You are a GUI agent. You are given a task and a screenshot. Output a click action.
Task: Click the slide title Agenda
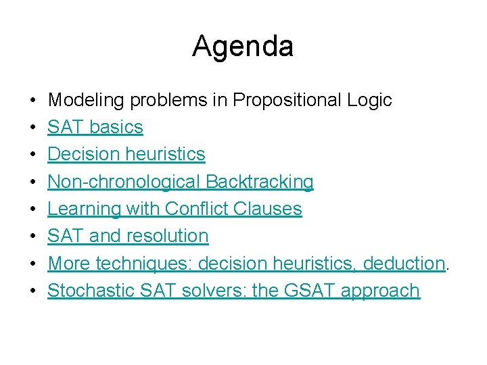243,47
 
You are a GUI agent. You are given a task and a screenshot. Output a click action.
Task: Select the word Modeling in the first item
87,100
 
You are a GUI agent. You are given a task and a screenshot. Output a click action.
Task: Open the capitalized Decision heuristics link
126,154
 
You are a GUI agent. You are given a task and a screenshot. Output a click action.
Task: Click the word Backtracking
260,182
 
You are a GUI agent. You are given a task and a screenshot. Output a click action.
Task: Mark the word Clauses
267,209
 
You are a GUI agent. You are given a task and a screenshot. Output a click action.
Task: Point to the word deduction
404,264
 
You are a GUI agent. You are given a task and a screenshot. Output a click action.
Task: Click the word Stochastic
91,291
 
